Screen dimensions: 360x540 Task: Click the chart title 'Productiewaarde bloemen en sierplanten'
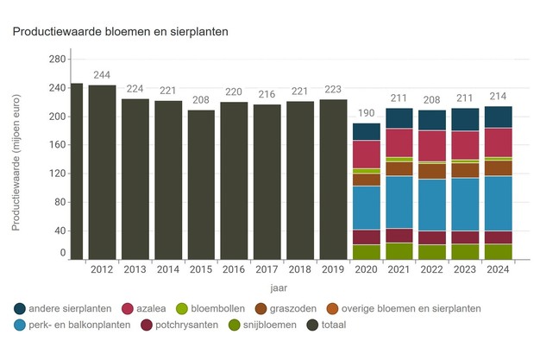click(x=119, y=32)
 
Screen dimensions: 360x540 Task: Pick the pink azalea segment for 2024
click(x=499, y=142)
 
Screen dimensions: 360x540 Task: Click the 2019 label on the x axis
click(x=333, y=269)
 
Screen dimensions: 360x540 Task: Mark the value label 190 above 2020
click(x=367, y=114)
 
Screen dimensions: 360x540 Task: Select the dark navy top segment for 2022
click(x=432, y=120)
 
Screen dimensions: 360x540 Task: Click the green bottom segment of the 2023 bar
click(x=465, y=251)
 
